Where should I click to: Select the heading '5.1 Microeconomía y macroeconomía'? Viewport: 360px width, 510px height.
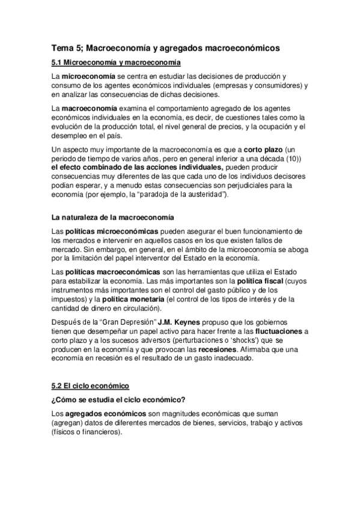(x=115, y=63)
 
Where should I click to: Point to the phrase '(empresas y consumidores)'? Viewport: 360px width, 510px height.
(x=262, y=86)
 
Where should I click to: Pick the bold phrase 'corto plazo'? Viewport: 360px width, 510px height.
(x=265, y=149)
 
